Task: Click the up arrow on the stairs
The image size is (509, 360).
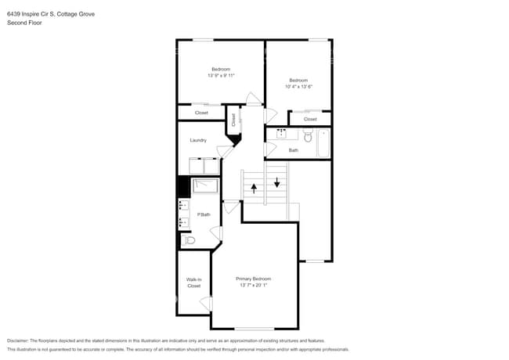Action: (253, 188)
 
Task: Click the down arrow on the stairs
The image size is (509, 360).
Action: (276, 183)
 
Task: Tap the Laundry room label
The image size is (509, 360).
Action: (198, 141)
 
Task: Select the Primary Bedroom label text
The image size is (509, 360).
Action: (254, 279)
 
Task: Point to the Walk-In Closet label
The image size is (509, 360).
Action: (193, 283)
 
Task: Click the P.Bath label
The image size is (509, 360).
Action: (204, 214)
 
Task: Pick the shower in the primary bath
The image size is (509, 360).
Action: (205, 186)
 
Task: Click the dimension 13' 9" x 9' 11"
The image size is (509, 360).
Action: (222, 76)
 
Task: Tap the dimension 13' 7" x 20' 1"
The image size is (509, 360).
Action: (254, 286)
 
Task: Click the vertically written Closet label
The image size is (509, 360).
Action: (233, 120)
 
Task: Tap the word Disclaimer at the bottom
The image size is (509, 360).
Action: (21, 340)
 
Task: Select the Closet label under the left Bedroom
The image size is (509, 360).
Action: (201, 113)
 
